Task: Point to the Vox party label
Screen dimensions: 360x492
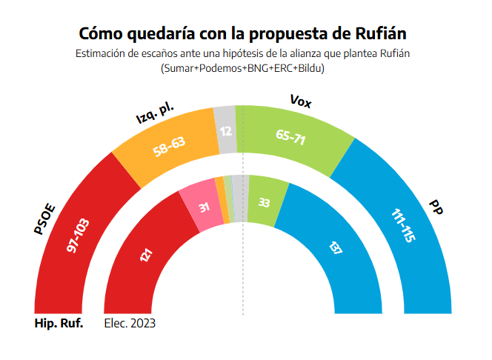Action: click(300, 101)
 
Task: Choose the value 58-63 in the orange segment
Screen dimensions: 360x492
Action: click(169, 146)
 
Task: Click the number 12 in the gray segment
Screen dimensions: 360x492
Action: click(226, 131)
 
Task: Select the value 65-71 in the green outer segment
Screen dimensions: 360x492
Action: click(290, 138)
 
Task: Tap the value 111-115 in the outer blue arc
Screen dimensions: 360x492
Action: click(402, 225)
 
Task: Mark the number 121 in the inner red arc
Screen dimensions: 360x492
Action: click(145, 256)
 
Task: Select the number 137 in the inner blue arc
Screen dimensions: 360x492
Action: click(334, 248)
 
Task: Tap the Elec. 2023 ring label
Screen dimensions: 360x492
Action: click(130, 324)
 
